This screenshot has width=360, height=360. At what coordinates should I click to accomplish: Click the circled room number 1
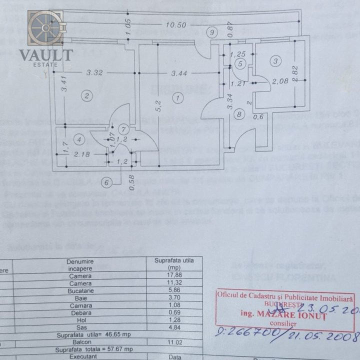pyautogui.click(x=177, y=98)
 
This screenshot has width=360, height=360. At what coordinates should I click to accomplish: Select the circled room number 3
pyautogui.click(x=275, y=61)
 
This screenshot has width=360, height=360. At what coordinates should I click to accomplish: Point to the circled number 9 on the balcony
pyautogui.click(x=212, y=33)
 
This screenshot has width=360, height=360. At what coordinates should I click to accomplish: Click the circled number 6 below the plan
pyautogui.click(x=106, y=182)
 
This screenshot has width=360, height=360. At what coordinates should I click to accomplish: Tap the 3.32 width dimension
pyautogui.click(x=94, y=72)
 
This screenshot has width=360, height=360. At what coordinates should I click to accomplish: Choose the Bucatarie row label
pyautogui.click(x=80, y=290)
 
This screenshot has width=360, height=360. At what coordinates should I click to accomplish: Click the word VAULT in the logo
pyautogui.click(x=46, y=54)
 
